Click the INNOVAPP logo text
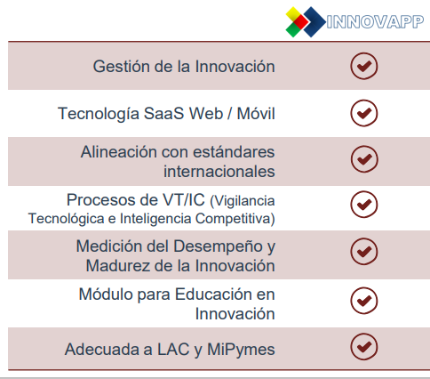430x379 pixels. [375, 21]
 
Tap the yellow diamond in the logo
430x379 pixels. [292, 13]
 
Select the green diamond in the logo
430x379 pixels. [293, 30]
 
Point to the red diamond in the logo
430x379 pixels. [301, 22]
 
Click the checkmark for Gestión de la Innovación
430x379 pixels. [364, 66]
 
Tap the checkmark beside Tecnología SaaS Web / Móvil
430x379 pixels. [364, 113]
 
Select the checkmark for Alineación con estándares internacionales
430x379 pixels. [364, 159]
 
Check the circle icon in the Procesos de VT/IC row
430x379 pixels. [364, 205]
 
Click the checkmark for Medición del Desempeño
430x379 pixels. [364, 252]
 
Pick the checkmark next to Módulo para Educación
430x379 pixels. [364, 301]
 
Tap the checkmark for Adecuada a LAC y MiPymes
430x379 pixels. [364, 346]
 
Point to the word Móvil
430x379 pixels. [256, 113]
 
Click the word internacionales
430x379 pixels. [219, 172]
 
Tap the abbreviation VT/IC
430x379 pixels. [184, 199]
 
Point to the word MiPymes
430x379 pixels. [241, 350]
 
